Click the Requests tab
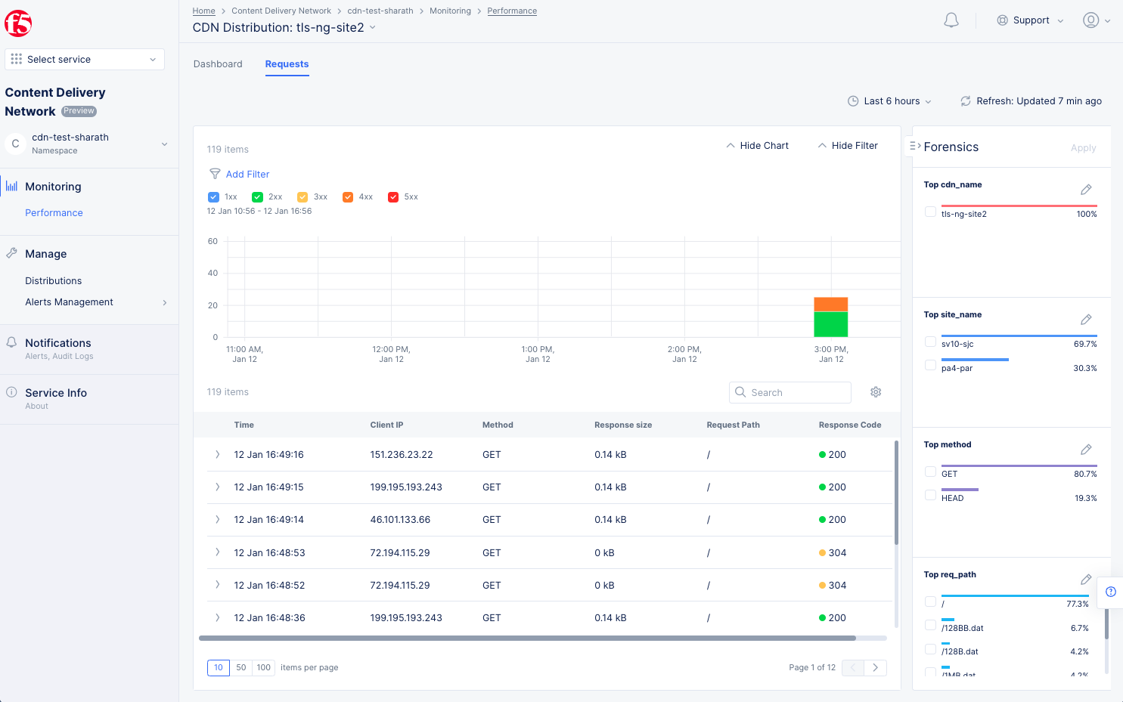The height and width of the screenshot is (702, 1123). tap(287, 64)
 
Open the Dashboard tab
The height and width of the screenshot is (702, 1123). tap(218, 64)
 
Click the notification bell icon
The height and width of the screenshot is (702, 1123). tap(951, 20)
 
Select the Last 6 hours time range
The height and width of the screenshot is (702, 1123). tap(890, 101)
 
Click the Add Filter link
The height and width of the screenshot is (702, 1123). tap(247, 175)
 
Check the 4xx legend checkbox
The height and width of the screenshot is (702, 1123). tap(348, 197)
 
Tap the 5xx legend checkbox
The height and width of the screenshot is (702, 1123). tap(393, 197)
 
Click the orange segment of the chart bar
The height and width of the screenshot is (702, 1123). tap(830, 305)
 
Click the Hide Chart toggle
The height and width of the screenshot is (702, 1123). tap(758, 146)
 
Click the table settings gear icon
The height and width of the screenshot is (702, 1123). tap(876, 392)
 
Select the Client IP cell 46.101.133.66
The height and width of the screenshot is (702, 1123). tap(400, 520)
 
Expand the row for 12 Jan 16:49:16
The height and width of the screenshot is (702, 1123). tap(218, 455)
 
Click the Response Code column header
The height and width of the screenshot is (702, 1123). tap(849, 425)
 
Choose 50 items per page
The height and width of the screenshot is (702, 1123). tap(241, 668)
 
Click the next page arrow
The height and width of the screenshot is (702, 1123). tap(875, 668)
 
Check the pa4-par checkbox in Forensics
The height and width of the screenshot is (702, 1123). tap(930, 366)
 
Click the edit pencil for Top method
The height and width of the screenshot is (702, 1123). tap(1086, 450)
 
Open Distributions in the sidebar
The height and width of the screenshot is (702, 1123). tap(53, 281)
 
